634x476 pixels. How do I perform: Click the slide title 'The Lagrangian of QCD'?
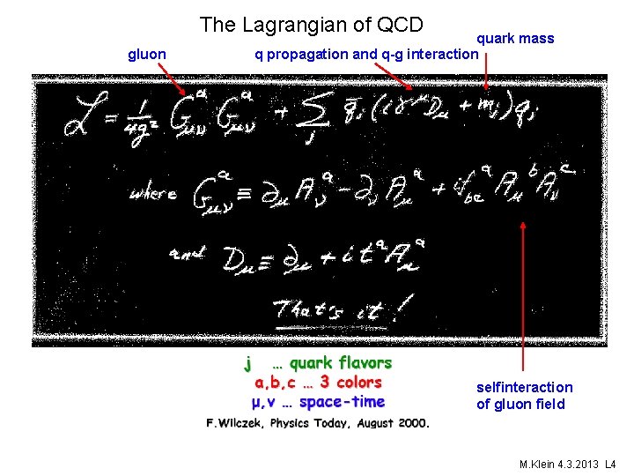click(x=311, y=25)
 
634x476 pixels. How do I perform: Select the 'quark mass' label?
click(x=515, y=38)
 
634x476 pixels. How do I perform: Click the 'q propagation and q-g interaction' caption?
click(x=365, y=55)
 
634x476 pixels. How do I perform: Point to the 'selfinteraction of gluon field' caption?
click(x=524, y=396)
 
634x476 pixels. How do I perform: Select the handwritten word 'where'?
click(x=152, y=193)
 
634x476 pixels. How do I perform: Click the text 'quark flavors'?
click(x=341, y=362)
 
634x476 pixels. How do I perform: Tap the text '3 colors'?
click(x=350, y=383)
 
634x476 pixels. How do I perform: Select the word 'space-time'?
click(x=342, y=402)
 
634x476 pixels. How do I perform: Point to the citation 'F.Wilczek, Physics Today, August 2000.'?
click(x=318, y=423)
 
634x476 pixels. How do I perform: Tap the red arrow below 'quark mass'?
click(x=486, y=78)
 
